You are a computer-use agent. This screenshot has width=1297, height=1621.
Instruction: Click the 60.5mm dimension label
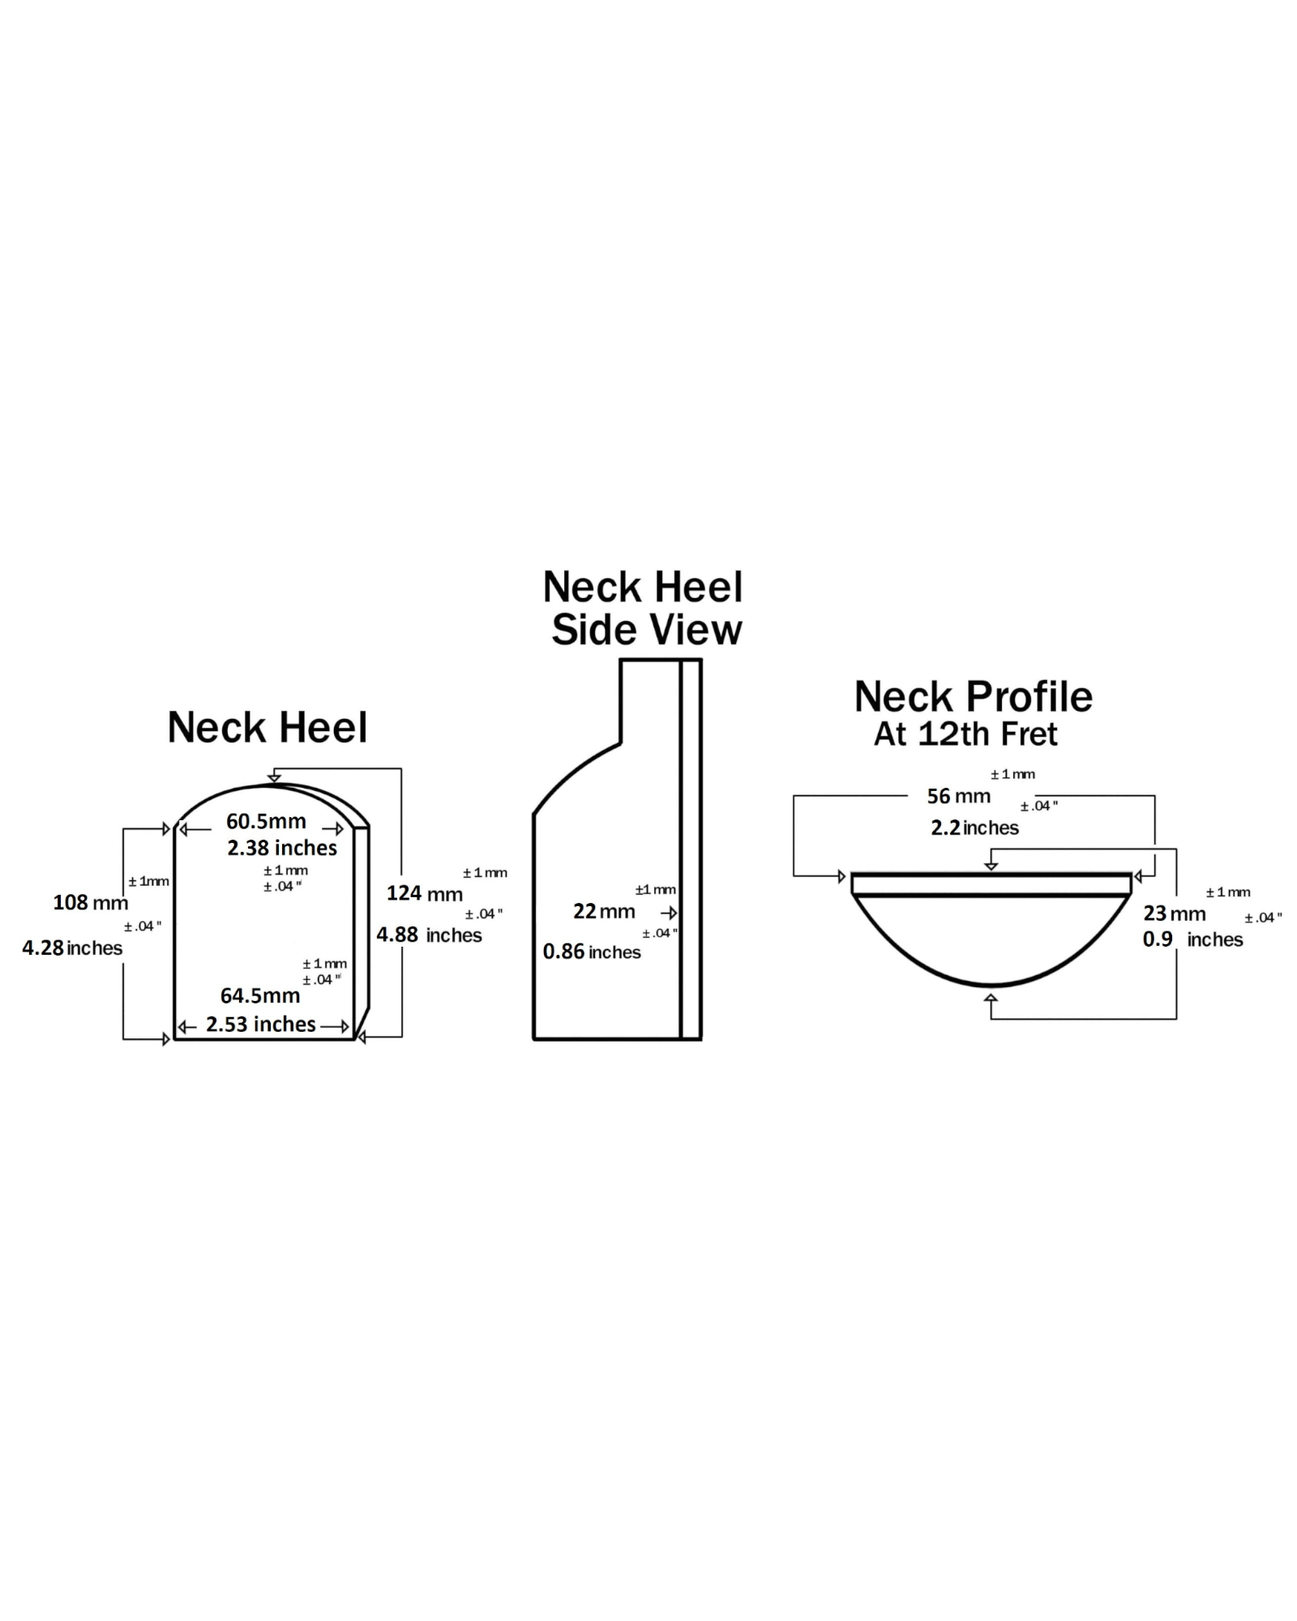coord(266,821)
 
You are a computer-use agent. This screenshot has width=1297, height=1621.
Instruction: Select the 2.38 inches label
coord(281,848)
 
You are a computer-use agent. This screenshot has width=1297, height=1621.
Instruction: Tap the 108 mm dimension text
coord(90,902)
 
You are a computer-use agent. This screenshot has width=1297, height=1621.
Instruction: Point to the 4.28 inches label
coord(72,947)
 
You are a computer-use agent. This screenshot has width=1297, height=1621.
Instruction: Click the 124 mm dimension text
coord(424,893)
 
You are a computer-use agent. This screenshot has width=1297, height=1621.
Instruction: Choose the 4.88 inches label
coord(429,935)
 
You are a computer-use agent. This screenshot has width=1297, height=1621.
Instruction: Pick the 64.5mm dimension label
coord(260,995)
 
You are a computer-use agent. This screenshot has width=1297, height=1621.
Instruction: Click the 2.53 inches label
coord(260,1024)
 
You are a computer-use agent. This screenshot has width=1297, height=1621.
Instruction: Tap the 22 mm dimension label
coord(604,911)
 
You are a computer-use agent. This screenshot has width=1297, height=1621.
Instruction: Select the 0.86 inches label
coord(592,952)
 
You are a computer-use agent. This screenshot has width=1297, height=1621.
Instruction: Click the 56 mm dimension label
coord(958,796)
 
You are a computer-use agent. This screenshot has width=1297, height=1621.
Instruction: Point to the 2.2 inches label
coord(974,828)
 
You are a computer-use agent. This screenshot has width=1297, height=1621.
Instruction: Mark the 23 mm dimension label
coord(1174,913)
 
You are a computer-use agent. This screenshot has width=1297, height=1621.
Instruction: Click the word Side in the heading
coord(591,630)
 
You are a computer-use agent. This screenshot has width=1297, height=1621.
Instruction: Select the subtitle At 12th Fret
coord(965,734)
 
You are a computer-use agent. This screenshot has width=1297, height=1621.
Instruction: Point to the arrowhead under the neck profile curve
coord(990,999)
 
